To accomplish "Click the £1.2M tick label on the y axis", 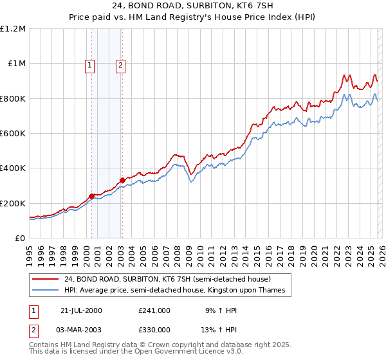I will (13, 28).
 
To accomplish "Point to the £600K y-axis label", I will (13, 133).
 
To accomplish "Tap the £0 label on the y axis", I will (19, 238).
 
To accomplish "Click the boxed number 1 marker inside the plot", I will (89, 64).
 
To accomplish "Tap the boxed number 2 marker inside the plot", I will (120, 64).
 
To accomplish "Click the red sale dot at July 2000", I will (92, 196).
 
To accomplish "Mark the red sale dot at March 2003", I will (122, 181).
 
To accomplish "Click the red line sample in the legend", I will (45, 280).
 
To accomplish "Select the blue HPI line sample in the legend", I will (45, 291).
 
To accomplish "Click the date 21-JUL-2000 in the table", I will (81, 310).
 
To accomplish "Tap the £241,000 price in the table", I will (154, 310).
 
